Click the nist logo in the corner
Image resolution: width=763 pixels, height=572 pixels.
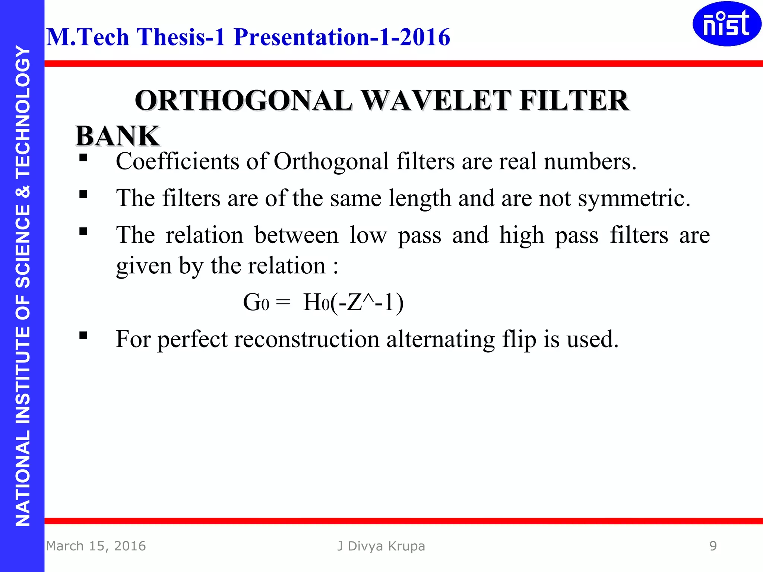[x=726, y=24]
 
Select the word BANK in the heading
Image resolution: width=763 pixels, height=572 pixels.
[x=117, y=136]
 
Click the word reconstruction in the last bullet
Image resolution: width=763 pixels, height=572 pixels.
[x=307, y=339]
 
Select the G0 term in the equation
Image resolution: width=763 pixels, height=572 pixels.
[x=256, y=302]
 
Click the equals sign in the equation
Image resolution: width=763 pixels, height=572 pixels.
[x=283, y=302]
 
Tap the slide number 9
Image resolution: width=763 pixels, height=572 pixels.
[x=713, y=546]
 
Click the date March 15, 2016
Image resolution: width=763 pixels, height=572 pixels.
[x=96, y=546]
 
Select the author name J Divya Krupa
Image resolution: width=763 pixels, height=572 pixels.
[x=381, y=546]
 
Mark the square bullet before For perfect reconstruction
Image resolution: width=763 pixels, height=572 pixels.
[x=83, y=336]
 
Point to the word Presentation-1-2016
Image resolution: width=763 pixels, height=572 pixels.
[x=342, y=37]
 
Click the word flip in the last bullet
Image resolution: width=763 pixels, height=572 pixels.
[x=519, y=339]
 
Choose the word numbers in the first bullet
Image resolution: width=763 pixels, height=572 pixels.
[x=590, y=162]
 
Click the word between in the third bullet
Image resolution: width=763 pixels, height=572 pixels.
[x=296, y=235]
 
